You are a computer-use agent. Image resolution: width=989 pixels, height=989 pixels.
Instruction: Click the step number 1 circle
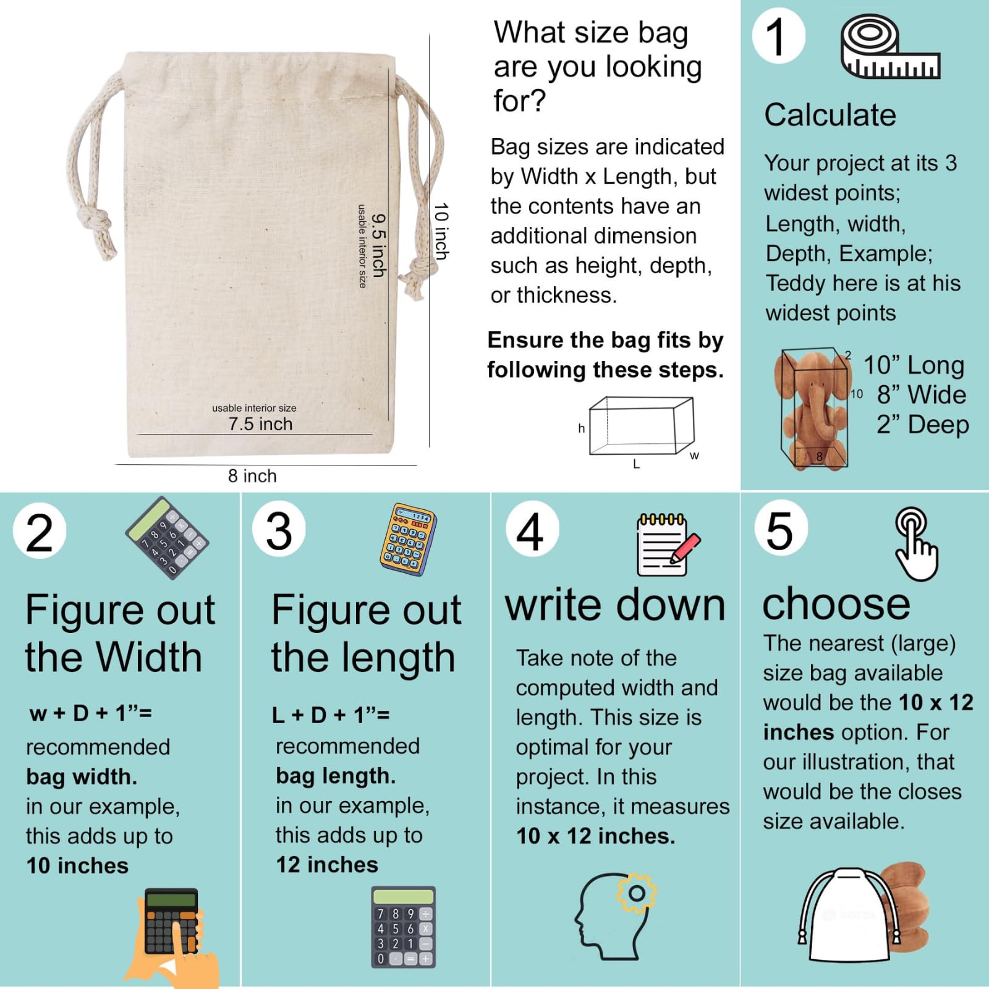[778, 36]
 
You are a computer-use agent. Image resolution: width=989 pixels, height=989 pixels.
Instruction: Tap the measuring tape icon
[890, 48]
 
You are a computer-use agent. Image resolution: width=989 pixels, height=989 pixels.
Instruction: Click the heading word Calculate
[830, 115]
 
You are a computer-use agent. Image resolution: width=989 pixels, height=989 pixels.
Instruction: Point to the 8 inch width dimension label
[252, 476]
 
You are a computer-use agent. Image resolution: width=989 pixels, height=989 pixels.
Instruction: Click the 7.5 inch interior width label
[260, 424]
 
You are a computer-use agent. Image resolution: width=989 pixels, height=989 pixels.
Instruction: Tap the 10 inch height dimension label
[441, 231]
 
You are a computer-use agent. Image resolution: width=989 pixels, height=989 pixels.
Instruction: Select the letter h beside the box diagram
[581, 428]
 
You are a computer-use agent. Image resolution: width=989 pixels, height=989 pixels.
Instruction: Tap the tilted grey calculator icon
[167, 537]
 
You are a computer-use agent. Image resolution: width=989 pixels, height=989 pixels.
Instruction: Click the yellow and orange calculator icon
[408, 539]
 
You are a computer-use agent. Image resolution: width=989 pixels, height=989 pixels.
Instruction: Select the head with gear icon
[615, 915]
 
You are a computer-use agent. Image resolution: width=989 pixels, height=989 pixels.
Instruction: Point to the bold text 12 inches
[327, 865]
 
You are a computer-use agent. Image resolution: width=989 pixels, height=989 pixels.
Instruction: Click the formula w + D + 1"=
[91, 713]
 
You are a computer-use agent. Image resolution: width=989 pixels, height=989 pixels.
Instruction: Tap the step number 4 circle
[532, 530]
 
